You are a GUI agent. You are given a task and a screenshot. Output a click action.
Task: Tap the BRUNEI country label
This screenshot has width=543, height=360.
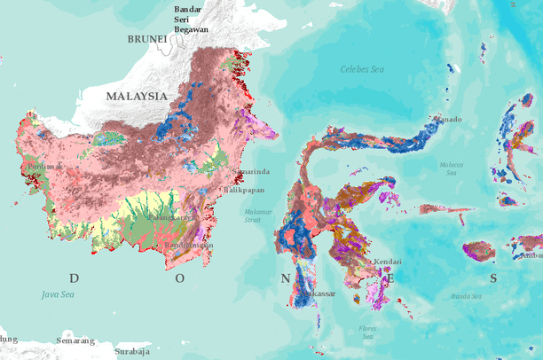(x=147, y=39)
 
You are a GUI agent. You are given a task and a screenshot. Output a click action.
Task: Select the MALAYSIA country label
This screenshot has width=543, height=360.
(x=137, y=95)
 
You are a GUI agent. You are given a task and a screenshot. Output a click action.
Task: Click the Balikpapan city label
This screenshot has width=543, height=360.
(x=245, y=190)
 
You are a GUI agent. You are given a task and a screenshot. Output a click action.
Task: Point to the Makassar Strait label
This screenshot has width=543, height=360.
(x=259, y=215)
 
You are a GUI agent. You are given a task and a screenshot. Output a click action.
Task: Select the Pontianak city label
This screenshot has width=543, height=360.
(x=44, y=165)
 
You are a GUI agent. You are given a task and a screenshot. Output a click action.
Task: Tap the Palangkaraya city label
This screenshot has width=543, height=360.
(x=169, y=216)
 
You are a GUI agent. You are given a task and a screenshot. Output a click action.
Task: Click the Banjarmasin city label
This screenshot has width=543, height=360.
(x=188, y=244)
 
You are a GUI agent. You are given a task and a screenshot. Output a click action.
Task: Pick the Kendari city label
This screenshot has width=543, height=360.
(x=387, y=262)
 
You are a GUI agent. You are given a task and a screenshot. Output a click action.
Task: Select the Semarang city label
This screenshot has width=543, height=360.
(x=75, y=340)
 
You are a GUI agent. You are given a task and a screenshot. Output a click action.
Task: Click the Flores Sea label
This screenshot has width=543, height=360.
(x=367, y=332)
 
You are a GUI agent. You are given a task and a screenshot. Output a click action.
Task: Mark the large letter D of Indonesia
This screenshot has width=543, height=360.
(x=74, y=278)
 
